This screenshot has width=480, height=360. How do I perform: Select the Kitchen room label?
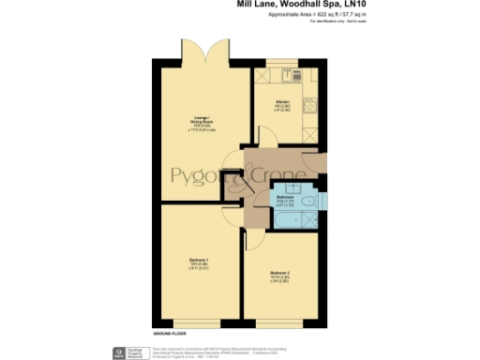click(x=281, y=104)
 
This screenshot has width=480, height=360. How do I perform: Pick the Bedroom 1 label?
click(x=200, y=264)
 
